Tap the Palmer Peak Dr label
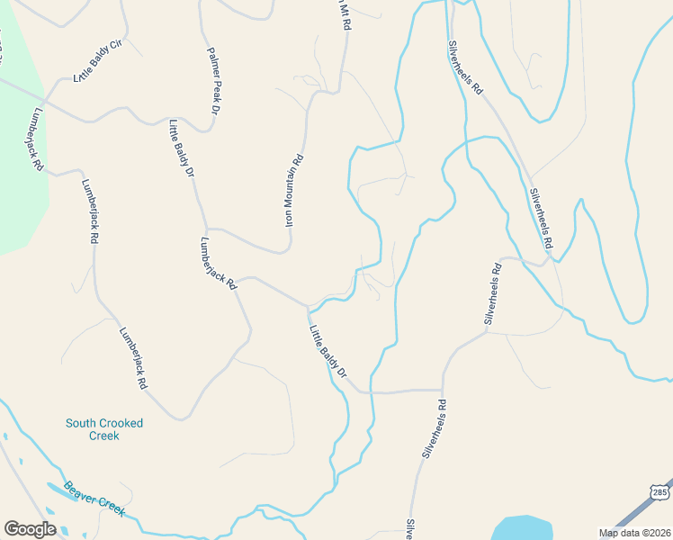[x=213, y=80]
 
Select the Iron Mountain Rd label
[x=294, y=190]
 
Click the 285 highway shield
[x=660, y=492]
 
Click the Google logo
[x=30, y=529]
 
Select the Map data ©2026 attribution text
[x=633, y=533]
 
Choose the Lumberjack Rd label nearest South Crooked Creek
[x=132, y=357]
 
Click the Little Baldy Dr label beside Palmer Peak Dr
[x=181, y=147]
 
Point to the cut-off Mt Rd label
[x=343, y=16]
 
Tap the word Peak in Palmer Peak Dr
[x=215, y=87]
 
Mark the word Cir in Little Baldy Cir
[x=115, y=45]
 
